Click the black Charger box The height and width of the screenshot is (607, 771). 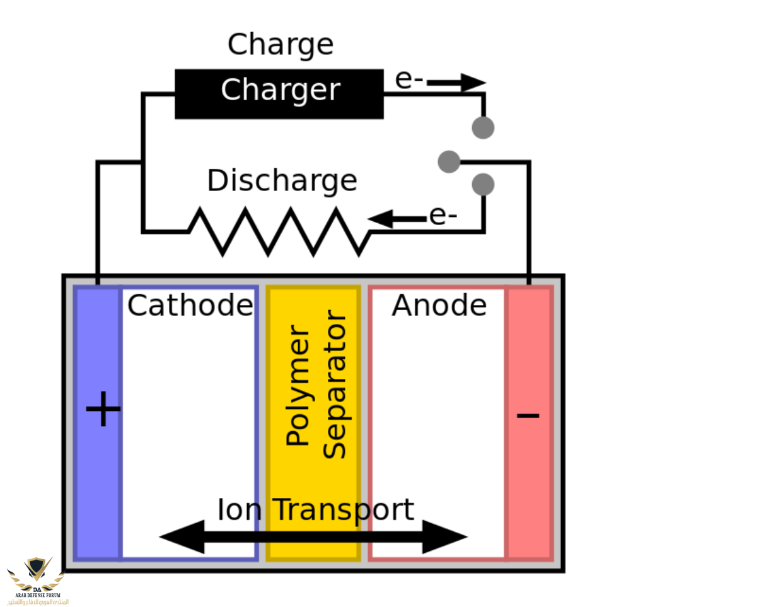pyautogui.click(x=279, y=93)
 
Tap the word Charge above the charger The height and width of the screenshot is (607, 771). pyautogui.click(x=280, y=45)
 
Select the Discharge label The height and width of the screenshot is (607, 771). pyautogui.click(x=282, y=181)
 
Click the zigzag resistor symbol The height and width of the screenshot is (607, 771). pyautogui.click(x=279, y=231)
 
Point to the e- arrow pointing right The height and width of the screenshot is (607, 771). pyautogui.click(x=455, y=82)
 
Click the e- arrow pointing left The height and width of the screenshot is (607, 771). pyautogui.click(x=397, y=219)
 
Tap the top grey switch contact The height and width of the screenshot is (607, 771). pyautogui.click(x=483, y=127)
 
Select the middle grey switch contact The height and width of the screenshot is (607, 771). pyautogui.click(x=449, y=161)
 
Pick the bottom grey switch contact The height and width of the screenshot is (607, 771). pyautogui.click(x=483, y=184)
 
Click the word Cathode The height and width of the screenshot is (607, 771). pyautogui.click(x=190, y=306)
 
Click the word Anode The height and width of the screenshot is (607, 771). pyautogui.click(x=439, y=306)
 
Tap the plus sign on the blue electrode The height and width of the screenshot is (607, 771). pyautogui.click(x=103, y=410)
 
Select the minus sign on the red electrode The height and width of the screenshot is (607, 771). pyautogui.click(x=528, y=415)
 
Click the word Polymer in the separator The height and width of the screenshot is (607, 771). pyautogui.click(x=298, y=386)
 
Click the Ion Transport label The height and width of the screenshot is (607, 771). pyautogui.click(x=315, y=510)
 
